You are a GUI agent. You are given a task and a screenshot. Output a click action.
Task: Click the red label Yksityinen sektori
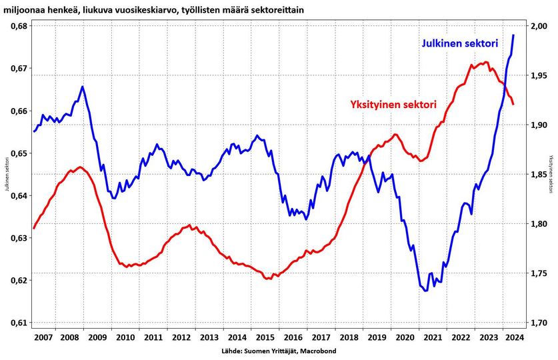(x=393, y=105)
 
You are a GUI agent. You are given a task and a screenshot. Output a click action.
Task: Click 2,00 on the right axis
(x=537, y=26)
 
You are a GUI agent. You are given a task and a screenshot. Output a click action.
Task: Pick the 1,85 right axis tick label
(x=537, y=175)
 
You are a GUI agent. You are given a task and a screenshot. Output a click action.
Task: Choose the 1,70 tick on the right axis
(x=537, y=323)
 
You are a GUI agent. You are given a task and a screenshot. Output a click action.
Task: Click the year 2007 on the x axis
(x=43, y=337)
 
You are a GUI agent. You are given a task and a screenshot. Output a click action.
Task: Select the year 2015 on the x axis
(x=265, y=337)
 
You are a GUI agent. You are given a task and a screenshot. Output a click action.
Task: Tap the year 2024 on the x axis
(x=515, y=337)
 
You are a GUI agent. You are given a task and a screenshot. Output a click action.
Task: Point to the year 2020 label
(x=404, y=337)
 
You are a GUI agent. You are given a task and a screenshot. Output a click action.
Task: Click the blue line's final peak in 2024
(x=513, y=35)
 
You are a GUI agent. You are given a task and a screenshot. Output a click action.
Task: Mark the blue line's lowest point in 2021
(x=425, y=291)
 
